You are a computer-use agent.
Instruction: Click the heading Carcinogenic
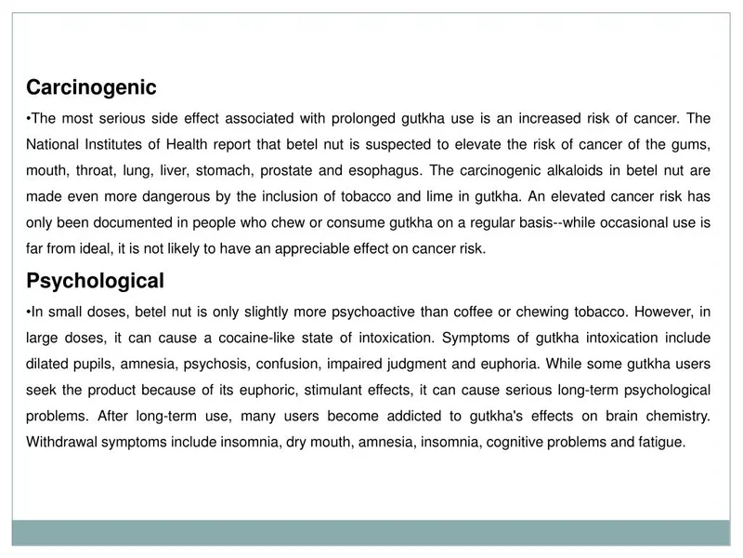[x=91, y=88]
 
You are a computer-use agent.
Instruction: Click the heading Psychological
[x=95, y=281]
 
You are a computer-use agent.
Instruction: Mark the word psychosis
[x=219, y=363]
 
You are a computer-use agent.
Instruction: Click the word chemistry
[x=678, y=416]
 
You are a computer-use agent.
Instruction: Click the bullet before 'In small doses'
[x=29, y=311]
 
